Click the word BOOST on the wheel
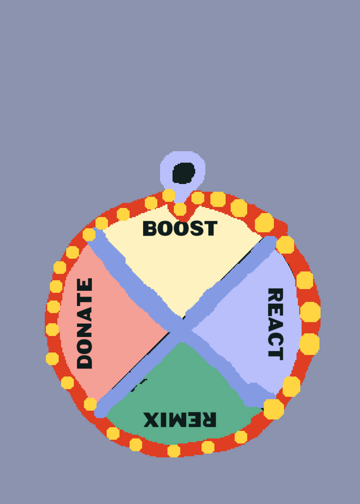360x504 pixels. click(180, 228)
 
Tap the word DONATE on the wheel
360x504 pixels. click(85, 323)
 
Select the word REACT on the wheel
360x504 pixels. click(276, 324)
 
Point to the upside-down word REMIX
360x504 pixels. click(180, 420)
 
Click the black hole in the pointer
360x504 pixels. click(183, 173)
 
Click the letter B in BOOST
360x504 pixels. click(150, 228)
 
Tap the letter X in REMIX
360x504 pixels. click(151, 420)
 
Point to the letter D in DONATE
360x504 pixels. click(85, 361)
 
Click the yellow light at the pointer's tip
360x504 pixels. click(180, 209)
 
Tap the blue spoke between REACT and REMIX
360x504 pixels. click(228, 367)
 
